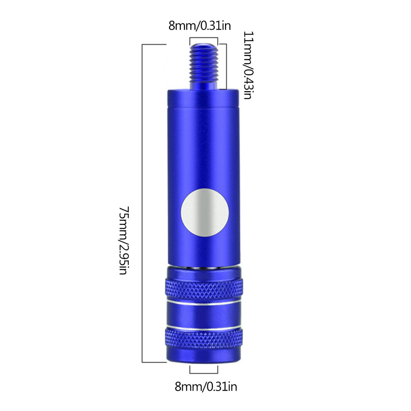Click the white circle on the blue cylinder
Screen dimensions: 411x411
(205, 212)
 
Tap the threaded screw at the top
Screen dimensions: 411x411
(204, 66)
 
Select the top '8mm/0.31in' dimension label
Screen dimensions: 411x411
(200, 26)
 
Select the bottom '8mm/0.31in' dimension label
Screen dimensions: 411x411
(206, 387)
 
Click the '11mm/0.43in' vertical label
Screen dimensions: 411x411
(248, 65)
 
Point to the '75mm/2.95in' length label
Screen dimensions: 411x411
(123, 240)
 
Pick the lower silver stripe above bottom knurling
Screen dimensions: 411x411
(204, 327)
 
